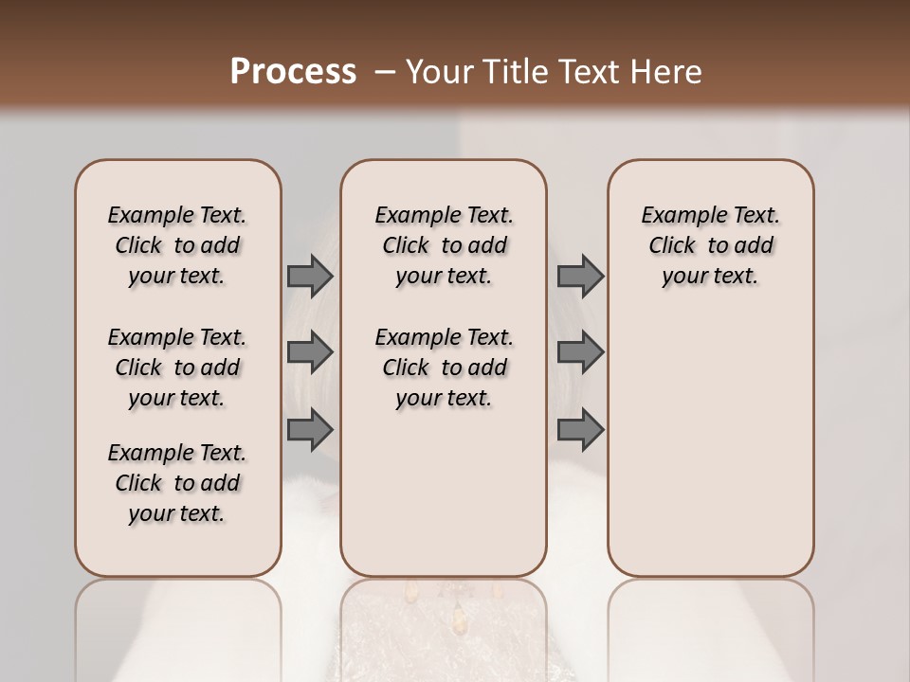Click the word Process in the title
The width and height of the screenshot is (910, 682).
coord(293,72)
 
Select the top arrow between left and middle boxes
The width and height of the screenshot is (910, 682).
coord(310,276)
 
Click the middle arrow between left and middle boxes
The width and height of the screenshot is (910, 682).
coord(310,352)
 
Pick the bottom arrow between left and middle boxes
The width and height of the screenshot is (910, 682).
coord(310,429)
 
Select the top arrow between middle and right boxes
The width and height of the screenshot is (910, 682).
coord(580,276)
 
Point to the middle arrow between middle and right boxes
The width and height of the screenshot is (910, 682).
coord(580,352)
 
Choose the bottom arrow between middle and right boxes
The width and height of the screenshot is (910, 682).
coord(580,429)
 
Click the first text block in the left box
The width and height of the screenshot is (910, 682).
coord(177,245)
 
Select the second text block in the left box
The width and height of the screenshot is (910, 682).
coord(177,368)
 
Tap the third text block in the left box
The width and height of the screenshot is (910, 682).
coord(177,483)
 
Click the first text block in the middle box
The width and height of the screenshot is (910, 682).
coord(445,245)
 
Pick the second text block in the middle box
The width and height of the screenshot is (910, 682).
coord(445,368)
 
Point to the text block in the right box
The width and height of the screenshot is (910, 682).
coord(711,245)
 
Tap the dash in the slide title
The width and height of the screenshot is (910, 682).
coord(385,72)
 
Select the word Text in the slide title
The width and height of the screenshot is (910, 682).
coord(584,72)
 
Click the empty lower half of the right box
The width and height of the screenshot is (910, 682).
coord(711,455)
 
